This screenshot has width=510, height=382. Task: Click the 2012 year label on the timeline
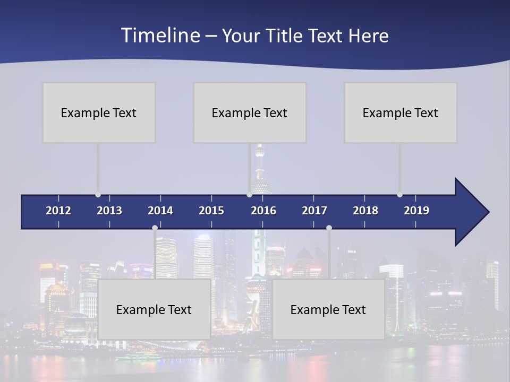pyautogui.click(x=58, y=211)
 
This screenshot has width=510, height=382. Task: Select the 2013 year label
pyautogui.click(x=109, y=211)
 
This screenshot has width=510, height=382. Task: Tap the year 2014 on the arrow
pyautogui.click(x=160, y=211)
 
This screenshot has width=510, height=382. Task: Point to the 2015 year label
pyautogui.click(x=211, y=211)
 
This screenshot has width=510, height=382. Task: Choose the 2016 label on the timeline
pyautogui.click(x=263, y=211)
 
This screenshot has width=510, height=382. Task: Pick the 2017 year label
pyautogui.click(x=314, y=211)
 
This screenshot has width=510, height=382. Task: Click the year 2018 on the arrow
pyautogui.click(x=365, y=211)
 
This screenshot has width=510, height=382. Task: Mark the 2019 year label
pyautogui.click(x=416, y=211)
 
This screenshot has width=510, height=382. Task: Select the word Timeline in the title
pyautogui.click(x=160, y=36)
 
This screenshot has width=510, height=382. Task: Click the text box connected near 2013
pyautogui.click(x=99, y=112)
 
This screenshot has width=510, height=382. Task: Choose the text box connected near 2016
pyautogui.click(x=250, y=112)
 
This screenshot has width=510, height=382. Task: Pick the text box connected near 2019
pyautogui.click(x=401, y=112)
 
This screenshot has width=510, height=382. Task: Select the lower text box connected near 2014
pyautogui.click(x=154, y=309)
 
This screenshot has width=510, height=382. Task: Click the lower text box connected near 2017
pyautogui.click(x=328, y=309)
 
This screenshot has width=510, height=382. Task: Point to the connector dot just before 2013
pyautogui.click(x=98, y=195)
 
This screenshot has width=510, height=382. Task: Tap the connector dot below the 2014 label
pyautogui.click(x=155, y=228)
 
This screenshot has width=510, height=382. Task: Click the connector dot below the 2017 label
pyautogui.click(x=329, y=228)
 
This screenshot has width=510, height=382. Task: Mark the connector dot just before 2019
pyautogui.click(x=399, y=195)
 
